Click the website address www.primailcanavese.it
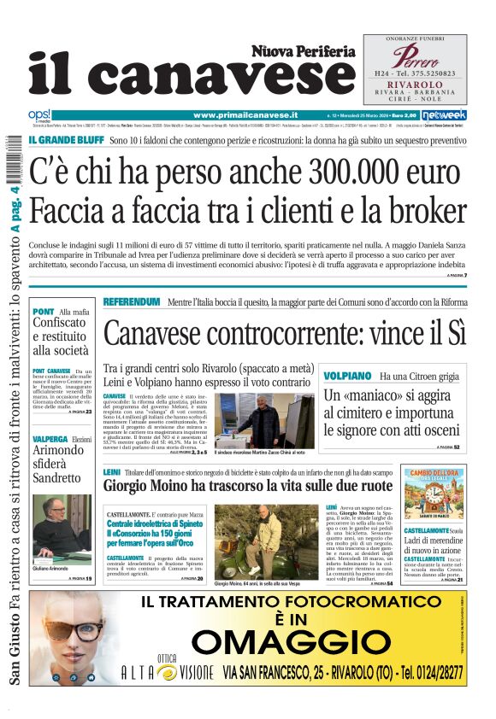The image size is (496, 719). point(245,114)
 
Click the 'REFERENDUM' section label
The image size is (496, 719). point(131,302)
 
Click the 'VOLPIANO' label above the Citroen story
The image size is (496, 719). point(347,376)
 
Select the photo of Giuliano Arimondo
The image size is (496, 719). point(62,525)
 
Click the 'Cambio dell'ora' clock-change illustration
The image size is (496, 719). point(434,494)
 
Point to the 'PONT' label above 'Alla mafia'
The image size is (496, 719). point(43,311)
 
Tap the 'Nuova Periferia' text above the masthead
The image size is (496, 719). point(303,51)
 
